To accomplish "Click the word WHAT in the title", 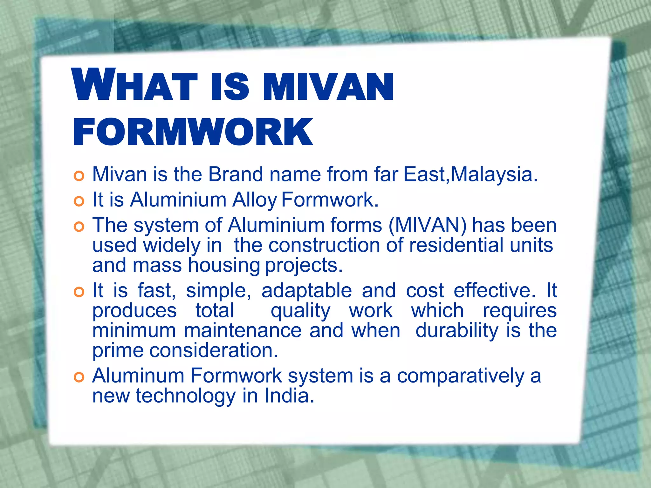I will [135, 85].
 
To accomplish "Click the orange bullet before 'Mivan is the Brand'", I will [79, 176].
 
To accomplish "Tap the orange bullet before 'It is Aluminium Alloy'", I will [79, 201].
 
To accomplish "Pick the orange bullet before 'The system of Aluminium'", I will [79, 227].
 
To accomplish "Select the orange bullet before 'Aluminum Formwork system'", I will [79, 377].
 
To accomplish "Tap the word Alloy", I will [255, 200].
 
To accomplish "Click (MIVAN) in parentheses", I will [428, 225].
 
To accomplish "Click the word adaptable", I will [306, 291].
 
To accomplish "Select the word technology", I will [186, 396].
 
